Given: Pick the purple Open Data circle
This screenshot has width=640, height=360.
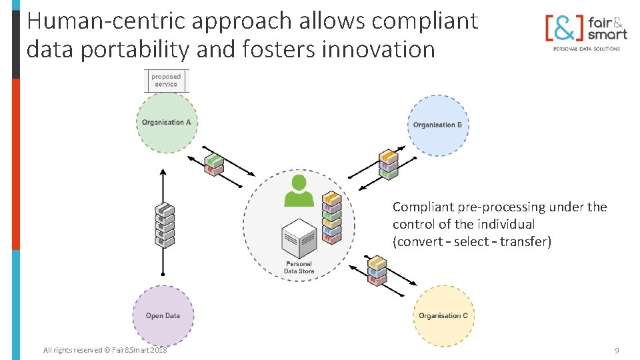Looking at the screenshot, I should tap(163, 315).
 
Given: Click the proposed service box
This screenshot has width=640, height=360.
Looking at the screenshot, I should tap(166, 81).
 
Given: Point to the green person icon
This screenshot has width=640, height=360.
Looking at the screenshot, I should tap(299, 191).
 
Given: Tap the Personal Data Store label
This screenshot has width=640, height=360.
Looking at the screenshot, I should tap(298, 267).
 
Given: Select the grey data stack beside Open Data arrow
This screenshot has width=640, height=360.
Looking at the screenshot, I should tap(165, 225).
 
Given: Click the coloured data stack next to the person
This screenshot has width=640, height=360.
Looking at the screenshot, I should tap(331, 217).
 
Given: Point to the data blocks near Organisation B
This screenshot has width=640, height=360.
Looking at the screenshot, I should tap(388, 164).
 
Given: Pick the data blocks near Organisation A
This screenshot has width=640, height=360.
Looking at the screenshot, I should tap(214, 165).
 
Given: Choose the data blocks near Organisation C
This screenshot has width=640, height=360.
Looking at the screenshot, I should tap(377, 271).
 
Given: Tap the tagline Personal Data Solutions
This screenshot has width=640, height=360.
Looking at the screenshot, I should tap(586, 49).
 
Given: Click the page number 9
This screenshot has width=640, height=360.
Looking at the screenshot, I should tap(617, 350).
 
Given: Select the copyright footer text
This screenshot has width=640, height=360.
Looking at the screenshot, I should tap(105, 350).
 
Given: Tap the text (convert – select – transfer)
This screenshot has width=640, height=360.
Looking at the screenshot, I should tap(472, 241).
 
